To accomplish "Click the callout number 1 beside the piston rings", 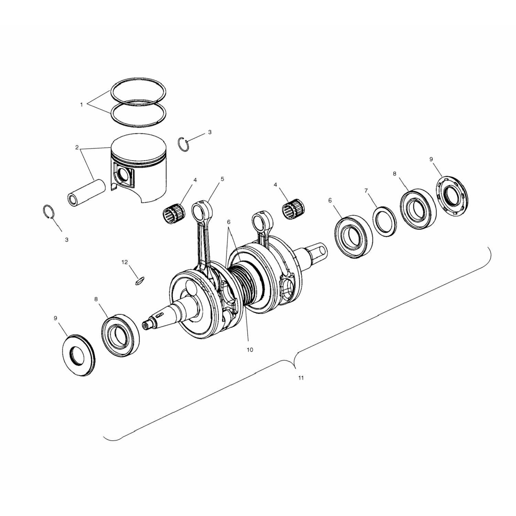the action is (x=82, y=105).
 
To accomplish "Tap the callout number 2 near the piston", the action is (x=77, y=148).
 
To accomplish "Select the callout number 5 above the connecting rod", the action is (x=222, y=179).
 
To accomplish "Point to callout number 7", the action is (x=366, y=191).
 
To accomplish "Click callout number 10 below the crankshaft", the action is (x=250, y=350).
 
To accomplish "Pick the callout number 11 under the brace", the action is (x=301, y=378).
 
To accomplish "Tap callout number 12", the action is (x=125, y=262).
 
